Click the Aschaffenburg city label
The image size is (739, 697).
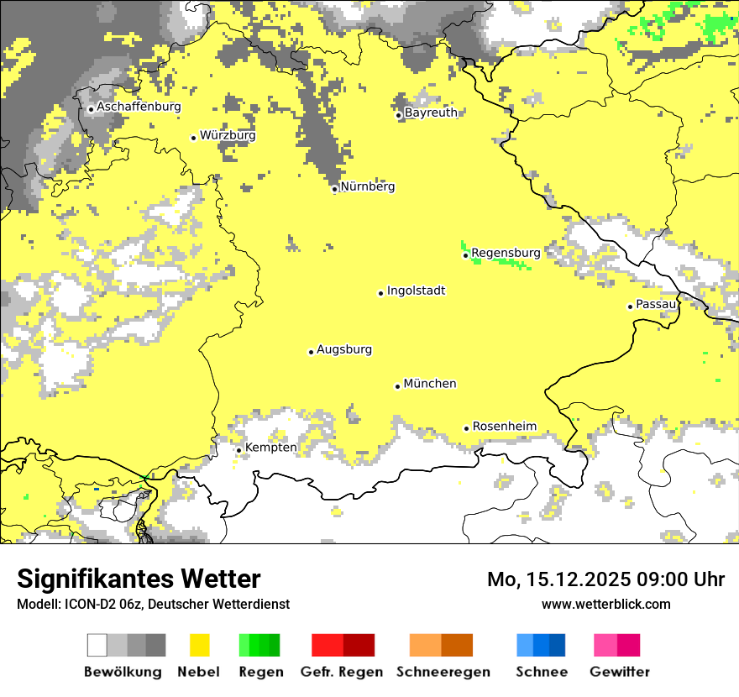139,107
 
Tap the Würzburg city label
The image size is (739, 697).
228,135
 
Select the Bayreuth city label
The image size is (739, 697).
431,113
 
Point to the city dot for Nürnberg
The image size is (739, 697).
334,189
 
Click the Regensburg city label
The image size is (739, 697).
506,252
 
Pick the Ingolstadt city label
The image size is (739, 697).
416,291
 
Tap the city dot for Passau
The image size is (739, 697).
630,307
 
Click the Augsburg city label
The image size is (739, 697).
344,349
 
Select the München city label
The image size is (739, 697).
430,384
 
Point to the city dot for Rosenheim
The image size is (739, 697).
466,428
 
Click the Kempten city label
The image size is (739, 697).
270,448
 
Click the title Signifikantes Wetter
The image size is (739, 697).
139,579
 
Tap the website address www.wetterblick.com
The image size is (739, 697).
605,604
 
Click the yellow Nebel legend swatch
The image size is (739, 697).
199,645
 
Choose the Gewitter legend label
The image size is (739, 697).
619,672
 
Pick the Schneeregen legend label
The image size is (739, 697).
443,672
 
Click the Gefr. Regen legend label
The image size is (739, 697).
341,672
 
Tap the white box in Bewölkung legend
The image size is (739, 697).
97,645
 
